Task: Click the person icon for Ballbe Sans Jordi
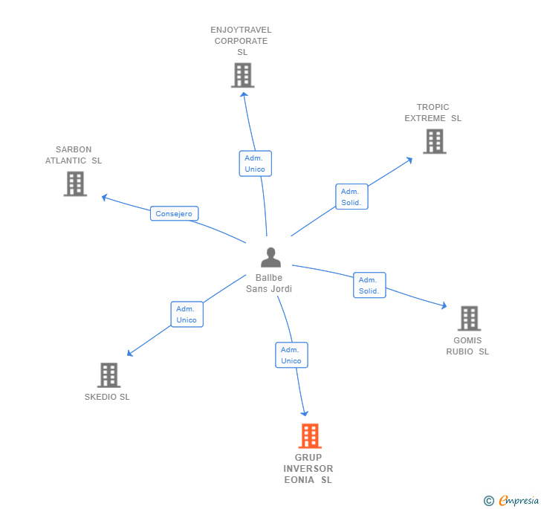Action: [x=270, y=257]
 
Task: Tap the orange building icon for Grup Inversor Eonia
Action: [x=309, y=435]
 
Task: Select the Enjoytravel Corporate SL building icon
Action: [x=242, y=75]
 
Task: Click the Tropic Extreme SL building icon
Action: [x=435, y=141]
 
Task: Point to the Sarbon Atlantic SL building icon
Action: [x=75, y=184]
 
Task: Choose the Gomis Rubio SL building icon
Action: [x=469, y=318]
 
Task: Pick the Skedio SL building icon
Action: [x=108, y=375]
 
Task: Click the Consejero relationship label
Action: [x=174, y=214]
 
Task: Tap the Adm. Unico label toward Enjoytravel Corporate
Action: [x=255, y=163]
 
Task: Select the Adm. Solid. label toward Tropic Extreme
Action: [x=352, y=197]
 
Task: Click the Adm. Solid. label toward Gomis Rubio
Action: [x=369, y=285]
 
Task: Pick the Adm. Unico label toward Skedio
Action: [x=187, y=314]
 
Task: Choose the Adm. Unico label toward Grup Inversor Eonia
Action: [x=291, y=355]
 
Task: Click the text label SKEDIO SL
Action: [x=107, y=397]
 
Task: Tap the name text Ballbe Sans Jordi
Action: [x=269, y=283]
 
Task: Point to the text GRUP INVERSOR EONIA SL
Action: [x=308, y=469]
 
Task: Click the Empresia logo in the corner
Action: [x=512, y=500]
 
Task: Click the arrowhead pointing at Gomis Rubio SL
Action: [x=444, y=305]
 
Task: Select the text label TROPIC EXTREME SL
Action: [x=433, y=113]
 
